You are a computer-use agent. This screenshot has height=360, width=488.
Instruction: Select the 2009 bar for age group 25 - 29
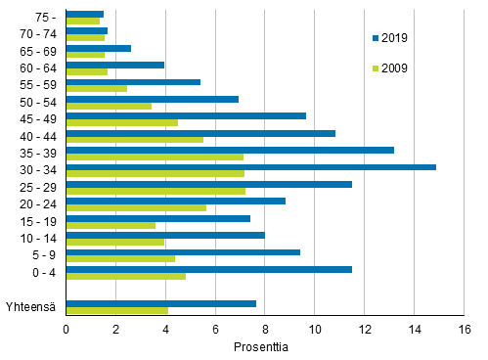[x=155, y=191]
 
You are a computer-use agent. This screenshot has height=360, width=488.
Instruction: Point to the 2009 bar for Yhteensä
[x=116, y=311]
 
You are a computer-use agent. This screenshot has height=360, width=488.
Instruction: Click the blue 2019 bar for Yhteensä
[x=160, y=303]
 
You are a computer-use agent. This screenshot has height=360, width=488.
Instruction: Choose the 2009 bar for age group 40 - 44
[x=134, y=140]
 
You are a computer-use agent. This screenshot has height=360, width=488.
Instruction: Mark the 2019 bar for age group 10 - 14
[x=165, y=235]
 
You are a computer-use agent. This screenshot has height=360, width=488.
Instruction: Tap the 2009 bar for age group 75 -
[x=82, y=21]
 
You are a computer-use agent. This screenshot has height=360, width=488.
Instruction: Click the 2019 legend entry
[x=388, y=38]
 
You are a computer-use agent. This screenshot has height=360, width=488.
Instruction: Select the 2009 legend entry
[x=388, y=68]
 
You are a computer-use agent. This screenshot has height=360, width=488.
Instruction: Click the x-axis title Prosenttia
[x=262, y=346]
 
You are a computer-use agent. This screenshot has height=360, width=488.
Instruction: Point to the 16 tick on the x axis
[x=463, y=329]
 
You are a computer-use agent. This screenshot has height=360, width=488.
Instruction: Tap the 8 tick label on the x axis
[x=264, y=329]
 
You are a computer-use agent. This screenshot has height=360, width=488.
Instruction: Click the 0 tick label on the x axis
[x=66, y=329]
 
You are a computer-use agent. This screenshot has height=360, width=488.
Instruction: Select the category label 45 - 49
[x=37, y=119]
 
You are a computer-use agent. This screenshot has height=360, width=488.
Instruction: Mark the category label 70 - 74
[x=37, y=34]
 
